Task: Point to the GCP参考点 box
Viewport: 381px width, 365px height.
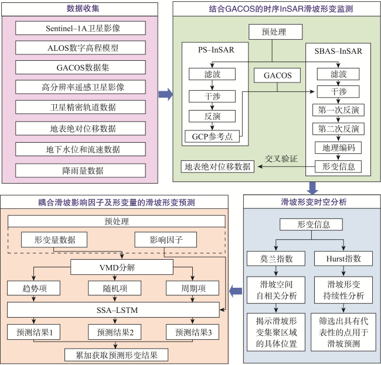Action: coord(212,136)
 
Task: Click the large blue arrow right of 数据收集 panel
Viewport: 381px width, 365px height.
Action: coord(166,94)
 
